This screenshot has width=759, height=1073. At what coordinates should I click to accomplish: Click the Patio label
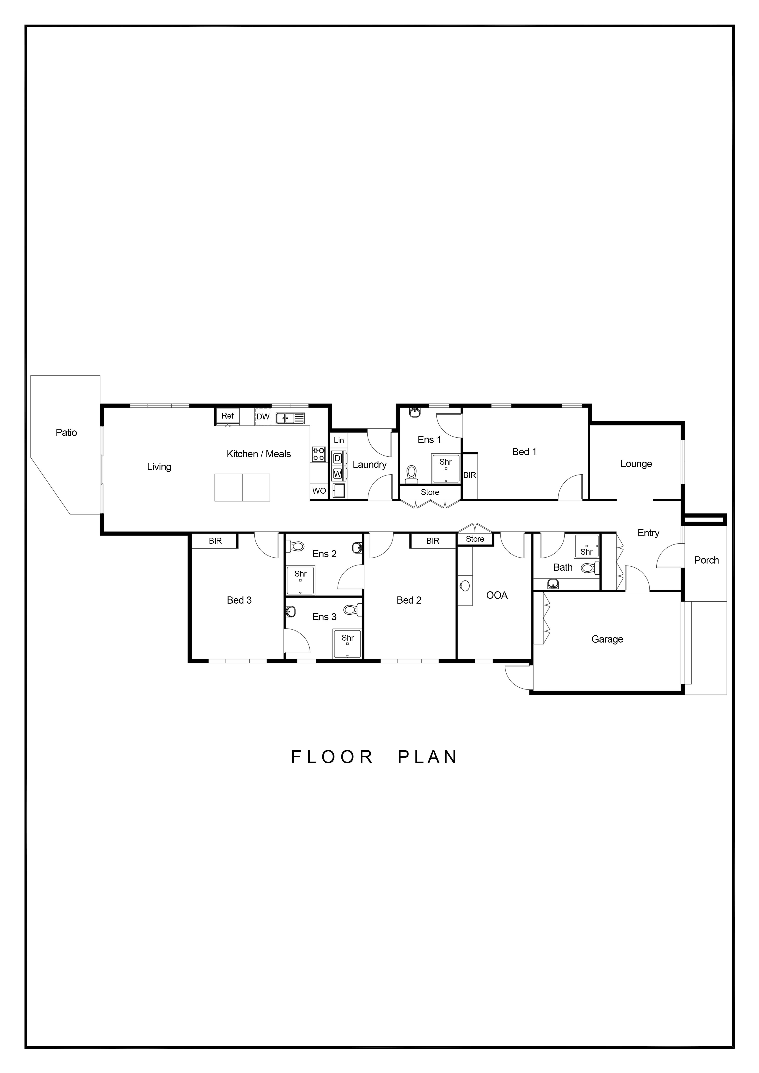tap(66, 432)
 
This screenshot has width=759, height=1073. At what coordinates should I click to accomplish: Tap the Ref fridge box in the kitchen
tap(228, 416)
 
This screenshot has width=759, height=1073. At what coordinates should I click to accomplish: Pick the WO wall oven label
tap(319, 491)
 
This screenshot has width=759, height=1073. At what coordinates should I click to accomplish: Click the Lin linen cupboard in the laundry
tap(339, 440)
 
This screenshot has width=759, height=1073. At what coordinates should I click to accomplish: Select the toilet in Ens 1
tap(411, 473)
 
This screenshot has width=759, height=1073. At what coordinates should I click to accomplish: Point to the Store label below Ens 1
tap(430, 492)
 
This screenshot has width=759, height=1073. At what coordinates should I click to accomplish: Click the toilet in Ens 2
tap(296, 545)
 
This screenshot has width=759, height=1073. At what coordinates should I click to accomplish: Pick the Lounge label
tap(636, 464)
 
